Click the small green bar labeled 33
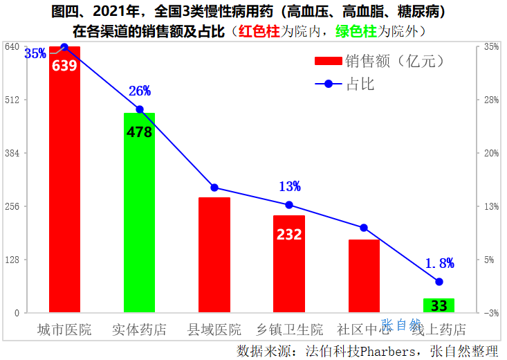point(439,305)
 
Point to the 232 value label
point(289,234)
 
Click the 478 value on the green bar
point(139,132)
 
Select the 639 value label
point(64,66)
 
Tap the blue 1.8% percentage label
point(439,263)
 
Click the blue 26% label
point(140,91)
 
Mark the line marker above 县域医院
point(214,188)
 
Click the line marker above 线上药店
point(439,281)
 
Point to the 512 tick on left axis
point(12,100)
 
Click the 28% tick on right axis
point(491,100)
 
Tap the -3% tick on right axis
point(491,313)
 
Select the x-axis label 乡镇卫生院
point(289,330)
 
